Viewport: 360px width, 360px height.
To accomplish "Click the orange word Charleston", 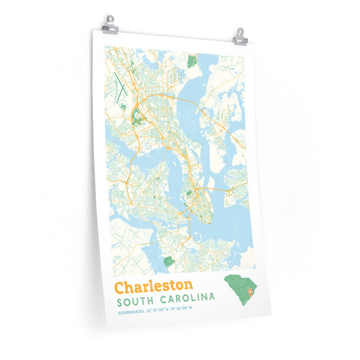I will click(x=154, y=285).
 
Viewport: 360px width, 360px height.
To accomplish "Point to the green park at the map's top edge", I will click(x=192, y=60).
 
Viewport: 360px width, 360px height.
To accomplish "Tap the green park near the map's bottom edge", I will click(x=168, y=261).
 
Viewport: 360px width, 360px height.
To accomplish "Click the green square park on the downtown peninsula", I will click(x=189, y=193).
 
